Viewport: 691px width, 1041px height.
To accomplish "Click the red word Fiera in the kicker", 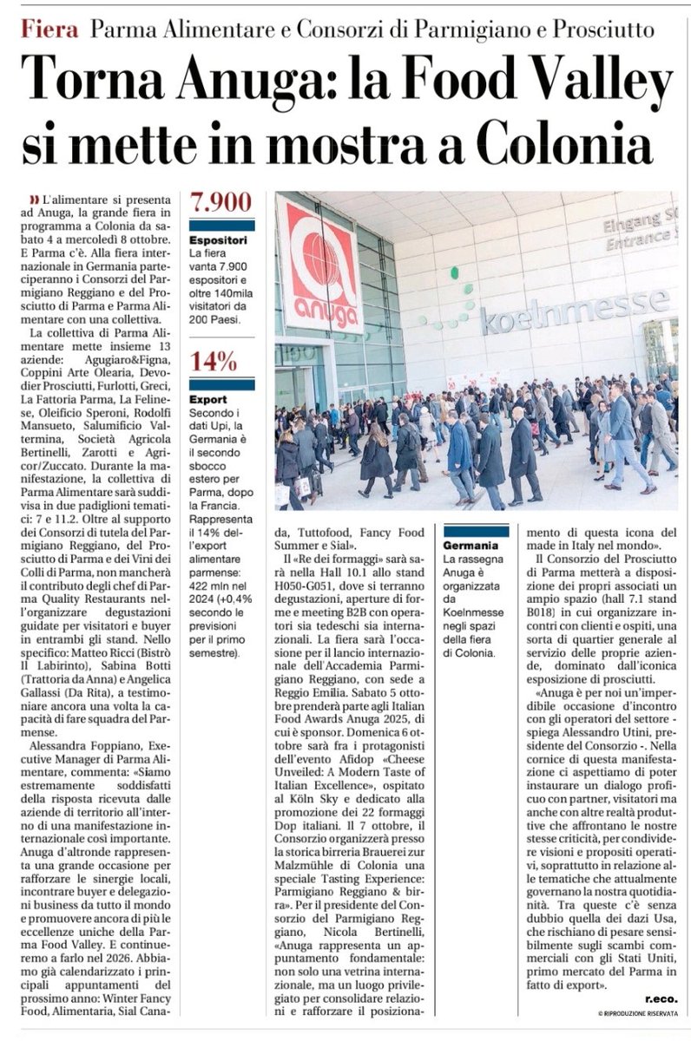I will pos(50,31).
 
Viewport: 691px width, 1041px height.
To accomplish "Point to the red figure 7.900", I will pos(214,204).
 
